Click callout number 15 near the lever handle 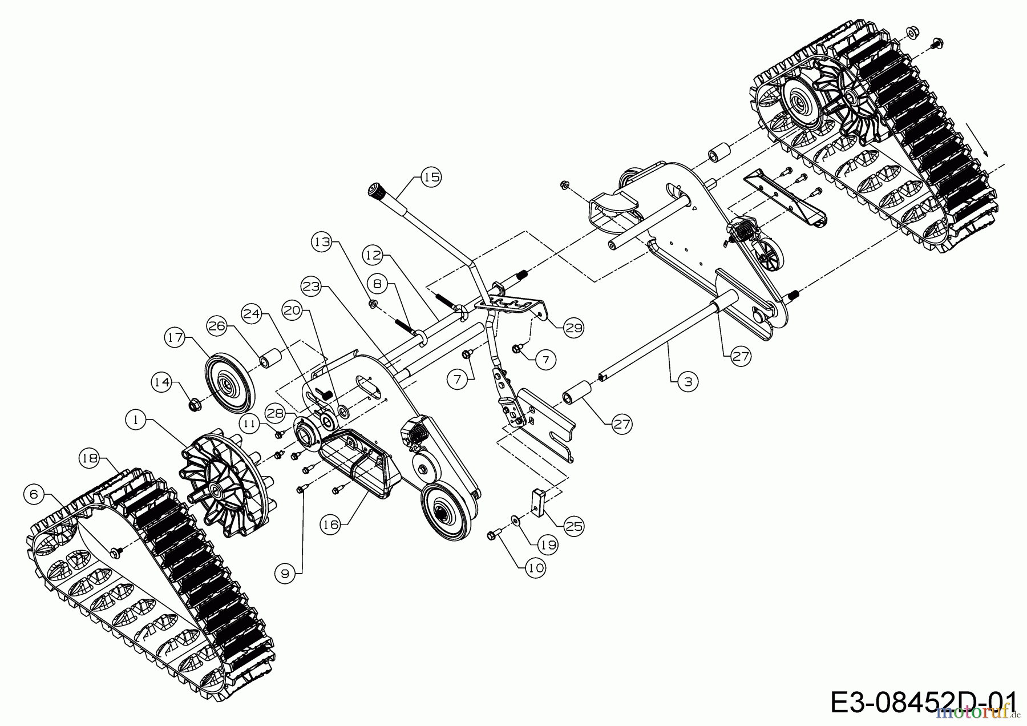point(431,178)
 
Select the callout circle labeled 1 point(136,421)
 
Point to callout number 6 point(34,494)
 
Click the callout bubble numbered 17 point(176,337)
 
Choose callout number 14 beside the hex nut point(162,382)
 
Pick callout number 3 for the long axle point(688,381)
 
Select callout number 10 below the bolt point(536,568)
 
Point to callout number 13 point(322,242)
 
